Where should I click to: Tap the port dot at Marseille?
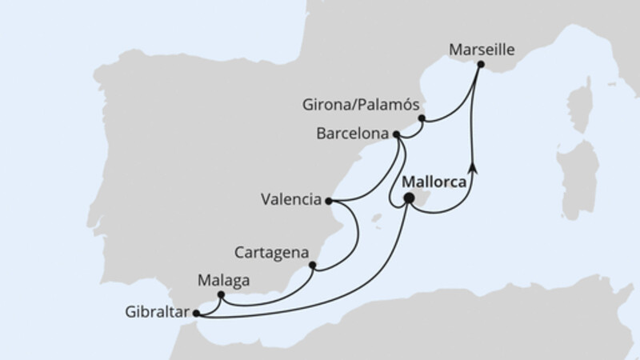tap(480, 63)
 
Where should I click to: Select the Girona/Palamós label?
tap(362, 105)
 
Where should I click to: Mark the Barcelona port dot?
tap(396, 135)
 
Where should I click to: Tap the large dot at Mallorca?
tap(409, 198)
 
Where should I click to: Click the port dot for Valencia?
tap(328, 201)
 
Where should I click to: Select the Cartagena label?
tap(272, 252)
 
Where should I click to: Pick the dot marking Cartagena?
tap(312, 266)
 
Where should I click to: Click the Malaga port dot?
tap(221, 295)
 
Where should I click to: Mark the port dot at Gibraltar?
tap(197, 313)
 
